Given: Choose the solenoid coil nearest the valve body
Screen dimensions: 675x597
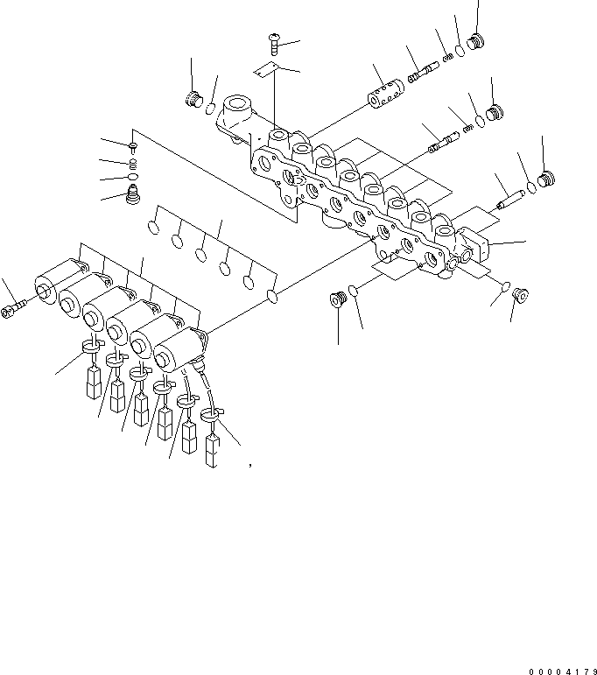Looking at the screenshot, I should click(178, 349).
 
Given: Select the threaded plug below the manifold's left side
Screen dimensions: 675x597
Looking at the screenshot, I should click(338, 300).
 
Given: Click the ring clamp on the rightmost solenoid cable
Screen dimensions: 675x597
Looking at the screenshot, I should click(211, 412).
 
